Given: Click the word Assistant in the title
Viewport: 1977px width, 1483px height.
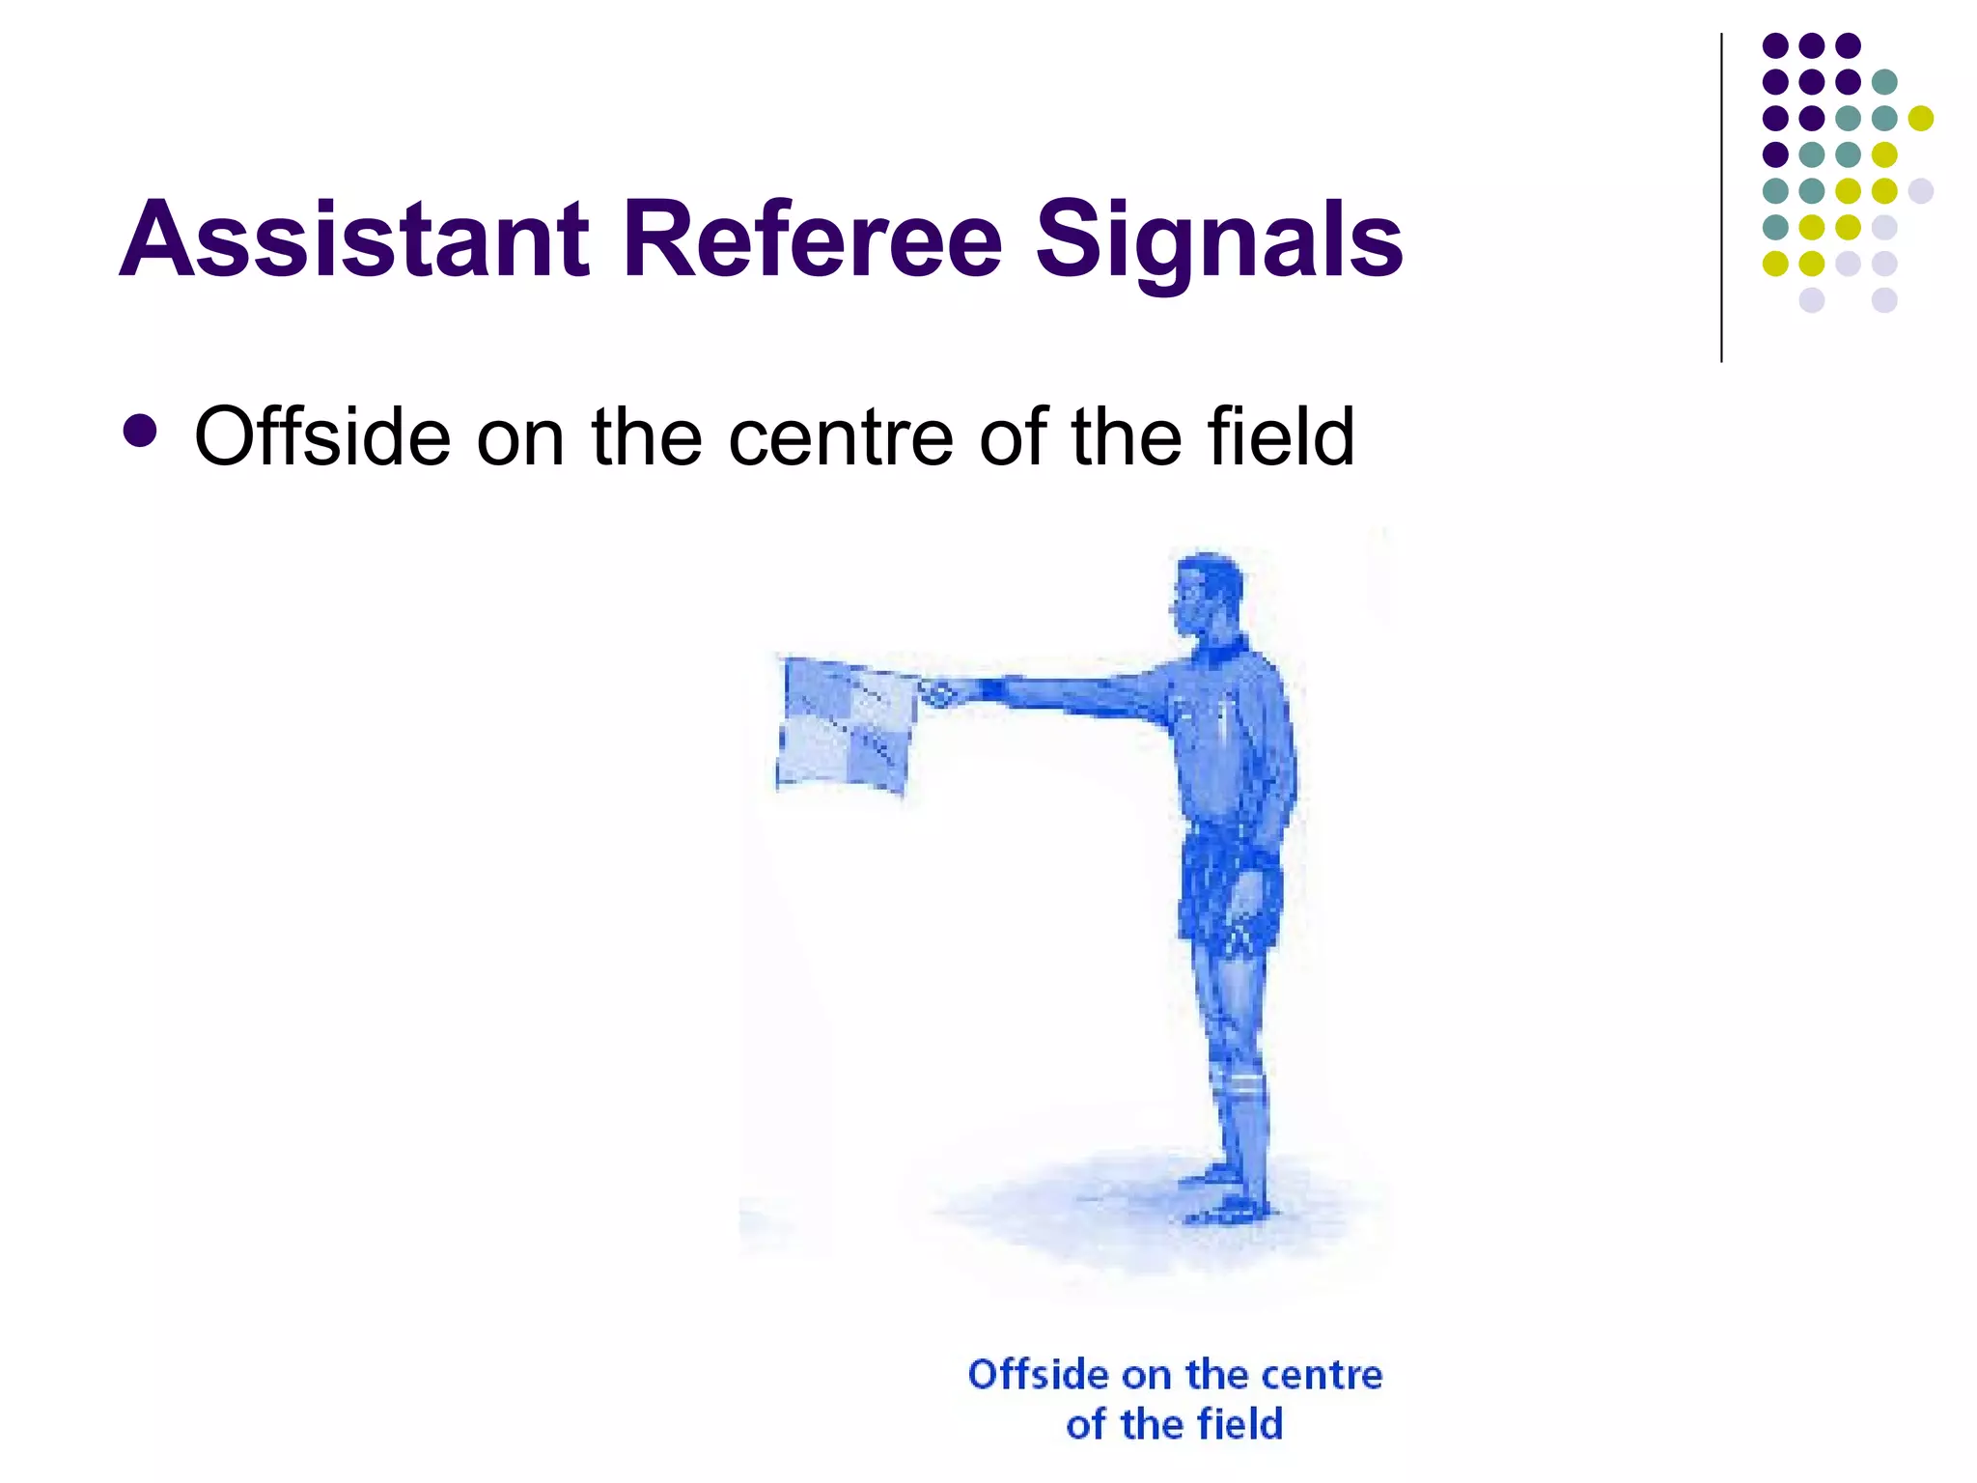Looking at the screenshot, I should pyautogui.click(x=354, y=239).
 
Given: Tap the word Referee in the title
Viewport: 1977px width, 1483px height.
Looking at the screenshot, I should pyautogui.click(x=813, y=239).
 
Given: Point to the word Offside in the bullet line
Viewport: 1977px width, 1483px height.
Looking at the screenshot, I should pyautogui.click(x=322, y=436).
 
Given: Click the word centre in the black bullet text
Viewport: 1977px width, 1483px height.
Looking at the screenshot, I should pyautogui.click(x=841, y=437).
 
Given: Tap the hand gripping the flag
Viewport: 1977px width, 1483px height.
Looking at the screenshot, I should pyautogui.click(x=937, y=693).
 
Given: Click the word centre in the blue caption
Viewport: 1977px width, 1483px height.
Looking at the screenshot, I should pyautogui.click(x=1323, y=1375).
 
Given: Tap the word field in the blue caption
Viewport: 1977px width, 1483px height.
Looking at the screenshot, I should pyautogui.click(x=1239, y=1424).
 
